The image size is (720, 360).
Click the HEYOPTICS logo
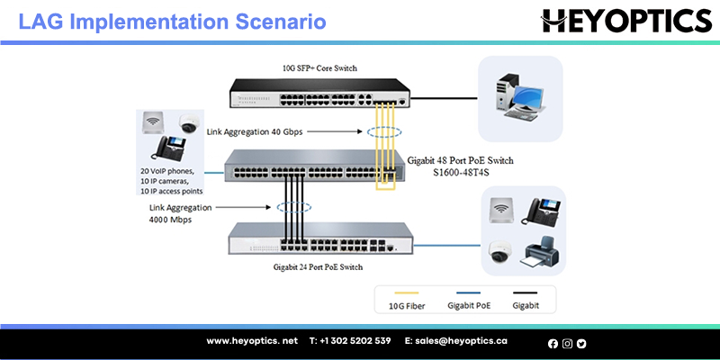click(x=626, y=22)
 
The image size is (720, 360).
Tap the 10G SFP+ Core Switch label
click(x=319, y=68)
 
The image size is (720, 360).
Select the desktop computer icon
click(x=520, y=97)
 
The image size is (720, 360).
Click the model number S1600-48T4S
click(x=461, y=172)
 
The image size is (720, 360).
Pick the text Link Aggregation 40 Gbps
click(x=255, y=132)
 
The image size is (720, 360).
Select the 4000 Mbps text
click(x=170, y=220)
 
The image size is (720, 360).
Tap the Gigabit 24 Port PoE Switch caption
click(x=318, y=266)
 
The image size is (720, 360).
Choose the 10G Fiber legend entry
click(x=407, y=306)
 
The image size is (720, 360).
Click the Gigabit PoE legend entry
click(x=469, y=306)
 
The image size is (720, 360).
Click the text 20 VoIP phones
click(x=167, y=171)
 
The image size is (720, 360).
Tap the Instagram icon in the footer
click(x=568, y=344)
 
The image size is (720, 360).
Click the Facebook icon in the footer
click(x=553, y=344)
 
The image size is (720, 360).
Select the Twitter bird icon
click(x=581, y=344)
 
